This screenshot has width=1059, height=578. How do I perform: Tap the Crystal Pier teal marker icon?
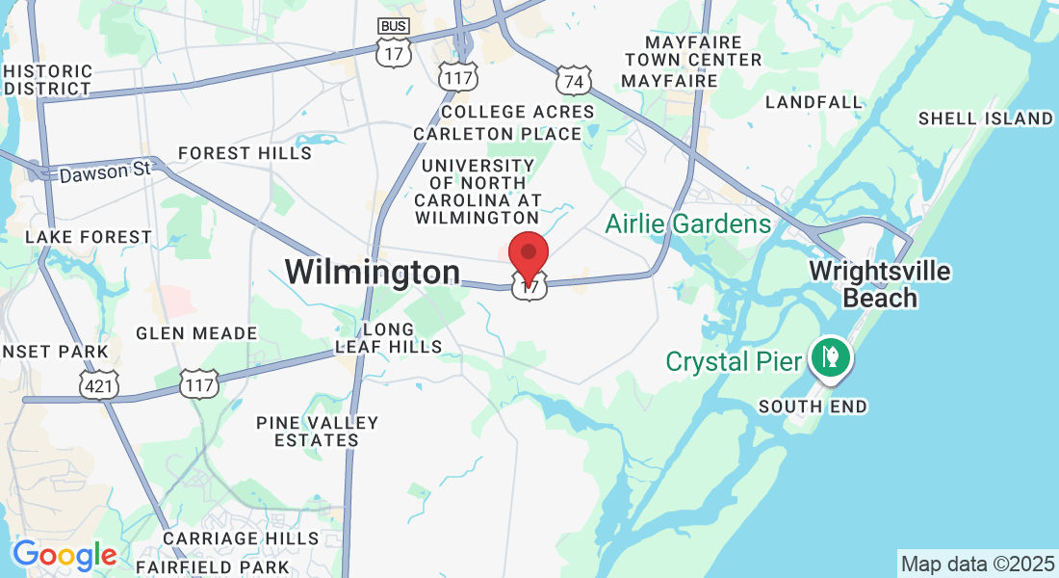point(827,356)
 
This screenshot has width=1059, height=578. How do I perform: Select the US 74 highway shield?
point(573,81)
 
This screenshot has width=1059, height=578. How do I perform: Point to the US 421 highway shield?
point(99,383)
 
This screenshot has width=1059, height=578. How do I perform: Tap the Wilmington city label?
point(372,272)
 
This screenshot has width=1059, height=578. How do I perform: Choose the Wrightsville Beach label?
point(879,284)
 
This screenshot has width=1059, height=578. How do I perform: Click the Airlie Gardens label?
point(688,224)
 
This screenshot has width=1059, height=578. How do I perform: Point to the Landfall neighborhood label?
point(814,102)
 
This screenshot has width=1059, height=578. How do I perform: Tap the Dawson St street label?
point(105,172)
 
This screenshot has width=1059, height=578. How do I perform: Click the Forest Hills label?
point(245,153)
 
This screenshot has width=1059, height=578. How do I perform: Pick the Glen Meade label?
point(196,333)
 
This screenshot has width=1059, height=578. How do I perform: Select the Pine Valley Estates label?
point(317,432)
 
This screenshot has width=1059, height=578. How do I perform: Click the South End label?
point(813,407)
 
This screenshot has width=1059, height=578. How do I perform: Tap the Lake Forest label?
point(89,237)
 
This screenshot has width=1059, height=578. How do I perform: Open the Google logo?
point(65,555)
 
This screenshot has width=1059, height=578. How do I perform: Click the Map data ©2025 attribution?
point(976,563)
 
